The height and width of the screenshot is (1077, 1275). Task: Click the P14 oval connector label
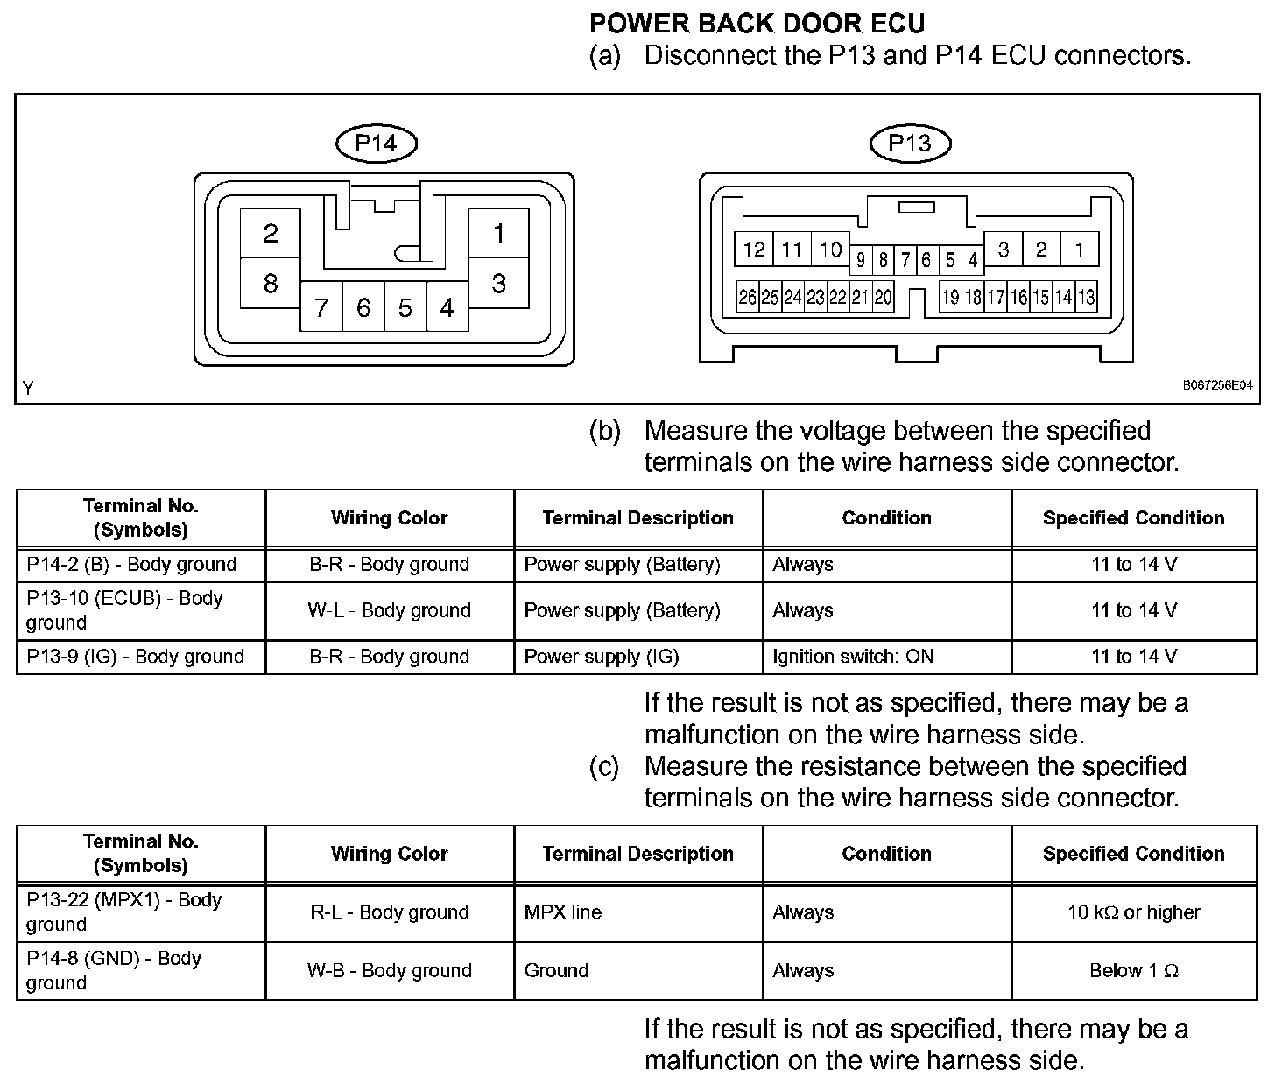pyautogui.click(x=376, y=144)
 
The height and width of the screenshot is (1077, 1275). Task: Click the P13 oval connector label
pyautogui.click(x=909, y=144)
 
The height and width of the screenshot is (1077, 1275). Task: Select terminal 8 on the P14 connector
pyautogui.click(x=271, y=283)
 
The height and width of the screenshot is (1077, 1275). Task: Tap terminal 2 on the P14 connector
pyautogui.click(x=271, y=233)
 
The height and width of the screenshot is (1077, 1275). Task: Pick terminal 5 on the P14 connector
pyautogui.click(x=405, y=308)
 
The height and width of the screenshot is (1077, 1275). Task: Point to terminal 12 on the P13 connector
pyautogui.click(x=754, y=250)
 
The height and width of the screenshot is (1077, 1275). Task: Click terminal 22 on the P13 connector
pyautogui.click(x=838, y=298)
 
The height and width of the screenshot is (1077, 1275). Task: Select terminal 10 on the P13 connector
pyautogui.click(x=830, y=250)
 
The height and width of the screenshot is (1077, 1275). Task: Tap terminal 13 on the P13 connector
pyautogui.click(x=1086, y=298)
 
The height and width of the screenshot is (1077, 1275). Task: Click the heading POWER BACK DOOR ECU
pyautogui.click(x=757, y=23)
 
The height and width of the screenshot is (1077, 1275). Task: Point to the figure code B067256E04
pyautogui.click(x=1217, y=385)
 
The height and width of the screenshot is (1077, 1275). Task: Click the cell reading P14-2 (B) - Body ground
pyautogui.click(x=132, y=565)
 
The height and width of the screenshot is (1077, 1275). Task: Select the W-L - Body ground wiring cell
pyautogui.click(x=390, y=610)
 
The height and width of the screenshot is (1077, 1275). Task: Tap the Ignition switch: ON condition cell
pyautogui.click(x=853, y=657)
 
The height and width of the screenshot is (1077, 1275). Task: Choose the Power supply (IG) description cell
pyautogui.click(x=602, y=657)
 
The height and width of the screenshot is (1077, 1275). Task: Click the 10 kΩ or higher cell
pyautogui.click(x=1134, y=912)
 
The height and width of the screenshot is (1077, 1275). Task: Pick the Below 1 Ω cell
pyautogui.click(x=1134, y=970)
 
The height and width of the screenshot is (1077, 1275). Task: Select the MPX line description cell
pyautogui.click(x=563, y=912)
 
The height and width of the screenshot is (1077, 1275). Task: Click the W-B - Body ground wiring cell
pyautogui.click(x=390, y=970)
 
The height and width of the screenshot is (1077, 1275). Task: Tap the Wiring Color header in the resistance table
pyautogui.click(x=390, y=854)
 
